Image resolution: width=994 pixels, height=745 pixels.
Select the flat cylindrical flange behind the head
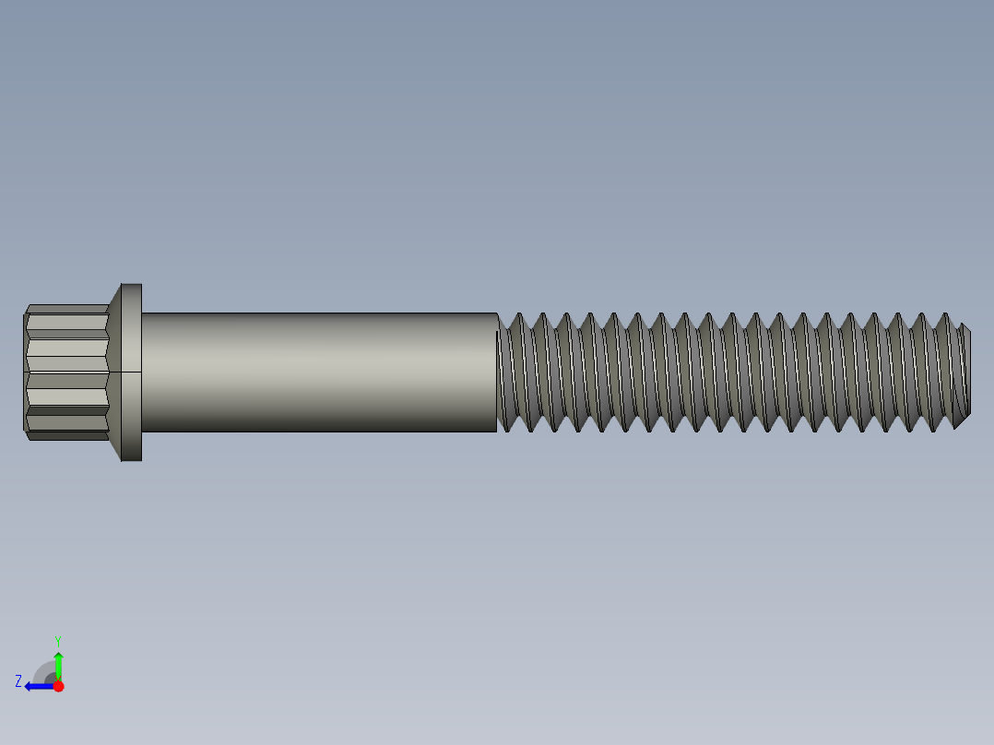pos(132,372)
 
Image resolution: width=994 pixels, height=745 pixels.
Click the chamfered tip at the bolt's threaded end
pos(964,372)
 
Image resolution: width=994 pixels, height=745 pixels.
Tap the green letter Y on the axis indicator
pos(57,639)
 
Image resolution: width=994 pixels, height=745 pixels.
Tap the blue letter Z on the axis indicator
pos(18,680)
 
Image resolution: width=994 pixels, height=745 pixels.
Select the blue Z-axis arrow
pos(37,686)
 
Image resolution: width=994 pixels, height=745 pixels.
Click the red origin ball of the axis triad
pos(58,686)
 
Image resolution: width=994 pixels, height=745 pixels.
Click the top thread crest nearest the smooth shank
pos(517,315)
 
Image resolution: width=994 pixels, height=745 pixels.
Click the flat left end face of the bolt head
pos(25,372)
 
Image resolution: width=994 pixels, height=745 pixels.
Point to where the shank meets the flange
pos(142,372)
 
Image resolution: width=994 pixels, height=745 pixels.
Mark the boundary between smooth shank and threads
pos(498,372)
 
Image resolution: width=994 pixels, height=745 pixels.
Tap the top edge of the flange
pos(132,284)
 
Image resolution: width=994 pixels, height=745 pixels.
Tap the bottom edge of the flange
pos(132,460)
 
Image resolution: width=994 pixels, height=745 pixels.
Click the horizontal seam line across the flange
pos(132,372)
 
